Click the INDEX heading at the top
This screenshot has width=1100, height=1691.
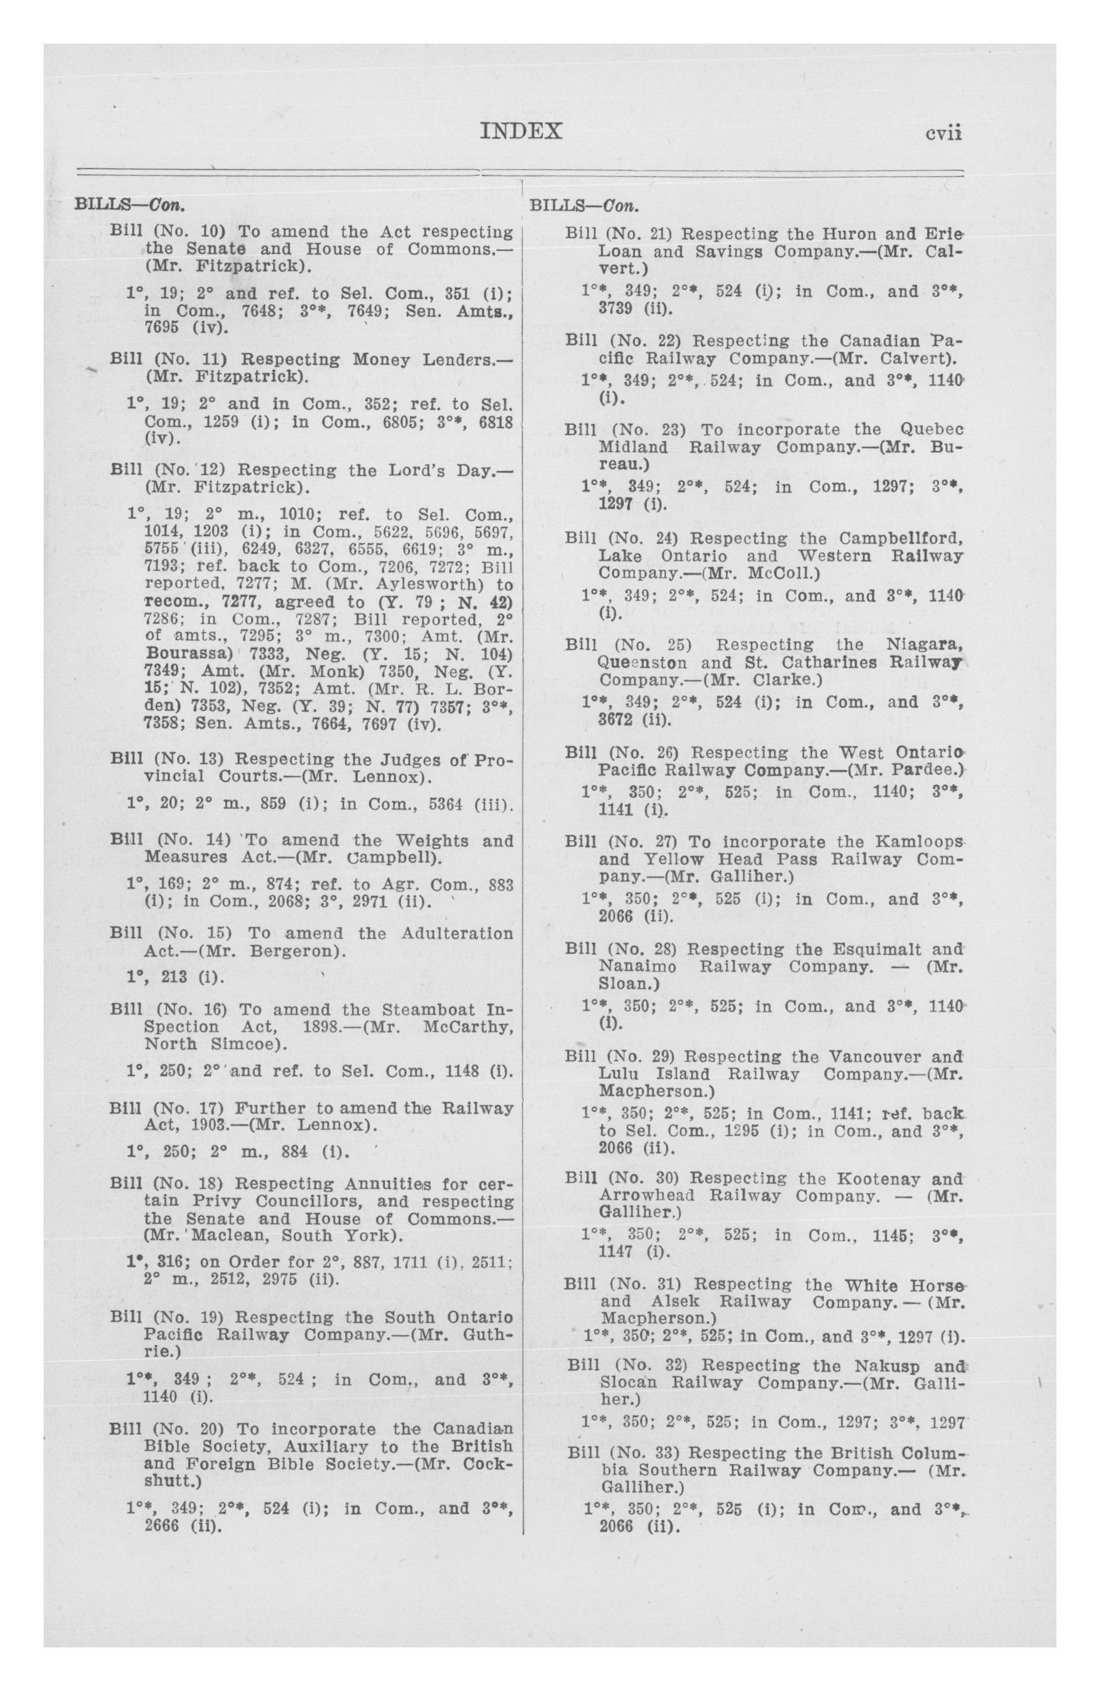521,132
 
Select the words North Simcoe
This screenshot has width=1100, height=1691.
205,1044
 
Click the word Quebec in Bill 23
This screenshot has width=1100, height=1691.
931,430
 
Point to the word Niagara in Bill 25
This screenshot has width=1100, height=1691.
924,645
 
